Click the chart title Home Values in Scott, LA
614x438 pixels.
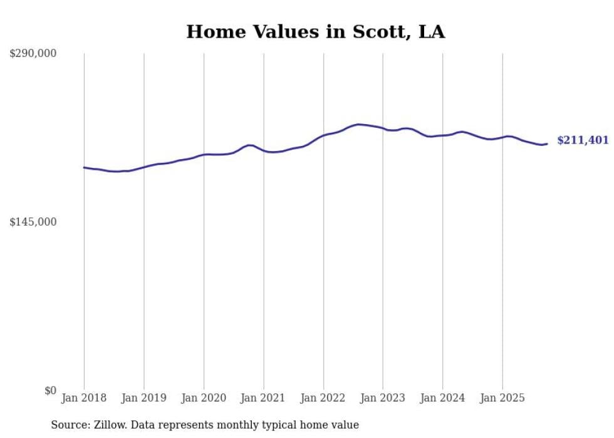315,32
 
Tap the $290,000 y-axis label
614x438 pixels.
33,53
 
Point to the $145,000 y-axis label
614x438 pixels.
33,222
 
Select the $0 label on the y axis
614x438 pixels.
50,390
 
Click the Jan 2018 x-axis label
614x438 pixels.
84,398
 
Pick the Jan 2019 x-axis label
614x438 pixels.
144,398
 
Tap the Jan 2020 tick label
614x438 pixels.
204,398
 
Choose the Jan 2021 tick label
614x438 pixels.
264,398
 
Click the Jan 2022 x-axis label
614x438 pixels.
323,398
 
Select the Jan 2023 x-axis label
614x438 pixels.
383,398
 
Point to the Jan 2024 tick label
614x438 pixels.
443,398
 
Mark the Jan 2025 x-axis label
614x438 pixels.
502,398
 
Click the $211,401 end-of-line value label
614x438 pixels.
583,140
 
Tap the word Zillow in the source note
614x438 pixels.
108,425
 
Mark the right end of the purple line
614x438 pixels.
548,144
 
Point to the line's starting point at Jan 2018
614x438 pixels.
84,167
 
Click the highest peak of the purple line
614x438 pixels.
358,124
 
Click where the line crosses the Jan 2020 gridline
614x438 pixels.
204,154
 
